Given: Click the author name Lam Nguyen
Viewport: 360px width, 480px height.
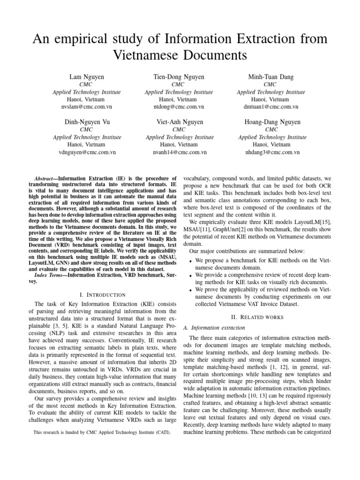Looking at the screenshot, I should pos(87,76).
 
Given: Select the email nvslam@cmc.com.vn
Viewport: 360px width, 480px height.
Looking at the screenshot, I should pos(87,107).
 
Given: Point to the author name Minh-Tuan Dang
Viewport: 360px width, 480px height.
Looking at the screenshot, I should pos(271,76).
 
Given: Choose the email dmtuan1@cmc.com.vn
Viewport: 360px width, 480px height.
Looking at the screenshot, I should pos(271,107).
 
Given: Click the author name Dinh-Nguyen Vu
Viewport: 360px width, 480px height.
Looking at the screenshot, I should pos(87,122).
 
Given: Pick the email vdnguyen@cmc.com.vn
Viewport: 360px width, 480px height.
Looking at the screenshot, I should pos(87,152).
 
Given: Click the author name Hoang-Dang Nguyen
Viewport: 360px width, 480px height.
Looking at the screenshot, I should pos(271,122).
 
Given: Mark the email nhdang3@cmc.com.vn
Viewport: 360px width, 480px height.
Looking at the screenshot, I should pos(271,152).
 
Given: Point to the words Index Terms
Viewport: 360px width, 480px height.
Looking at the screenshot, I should pos(49,274).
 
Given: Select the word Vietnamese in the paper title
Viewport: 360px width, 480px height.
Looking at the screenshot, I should pos(146,56).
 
